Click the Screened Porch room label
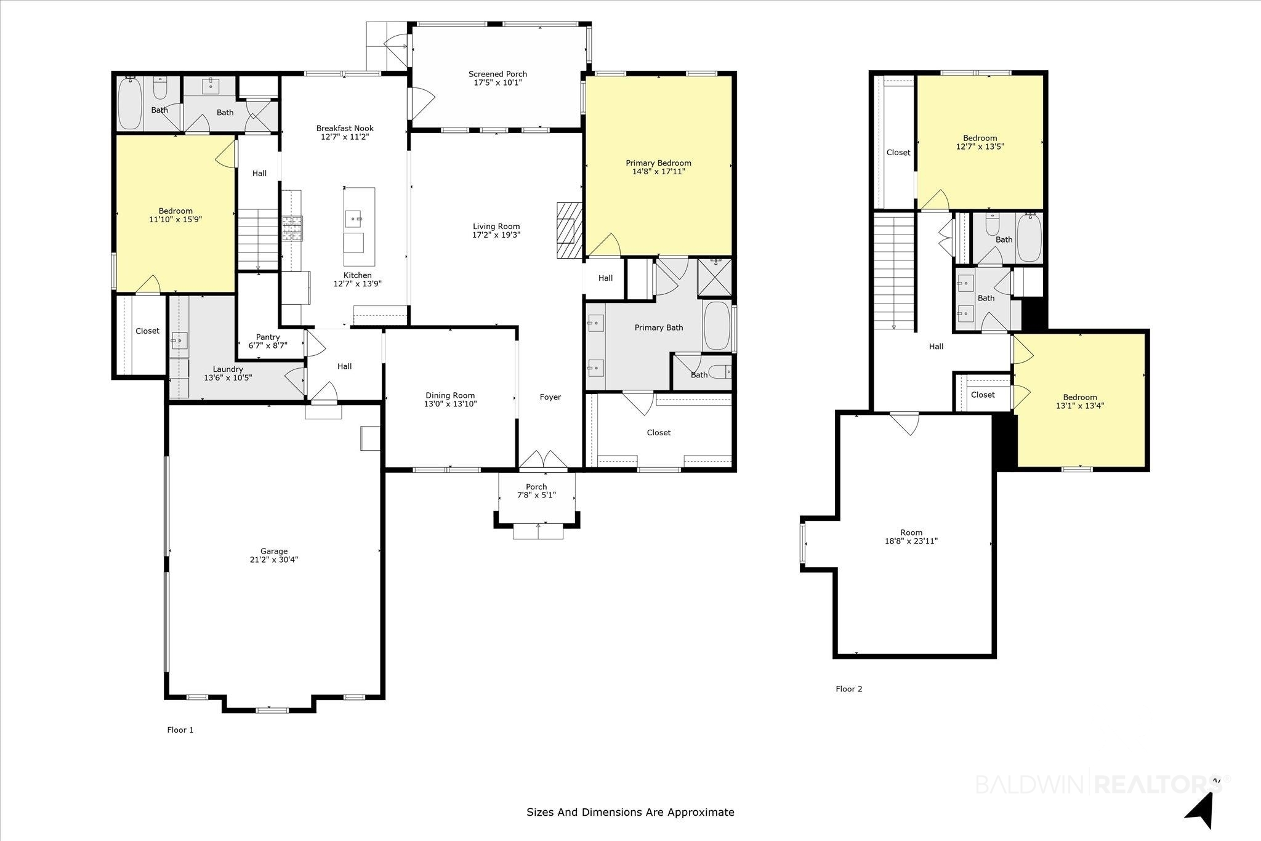click(x=498, y=74)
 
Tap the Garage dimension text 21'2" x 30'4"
click(x=274, y=560)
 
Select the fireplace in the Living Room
click(x=569, y=230)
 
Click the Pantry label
click(x=268, y=337)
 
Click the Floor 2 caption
click(x=848, y=689)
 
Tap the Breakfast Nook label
click(x=345, y=128)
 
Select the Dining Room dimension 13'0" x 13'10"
click(x=450, y=404)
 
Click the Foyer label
click(x=550, y=397)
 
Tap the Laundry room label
click(x=228, y=369)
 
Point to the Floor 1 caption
click(x=180, y=730)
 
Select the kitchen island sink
click(x=353, y=218)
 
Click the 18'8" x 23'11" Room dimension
click(x=911, y=541)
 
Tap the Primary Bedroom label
click(x=658, y=163)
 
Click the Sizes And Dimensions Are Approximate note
click(x=630, y=812)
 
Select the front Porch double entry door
click(x=544, y=459)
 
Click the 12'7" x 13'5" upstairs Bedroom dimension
click(x=980, y=147)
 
